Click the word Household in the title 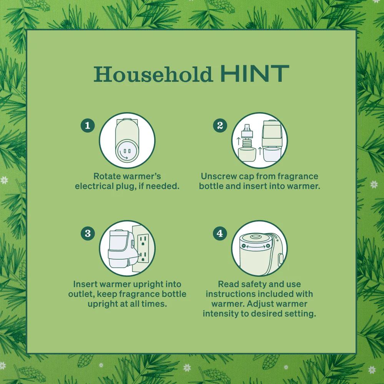[x=153, y=74]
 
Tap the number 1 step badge [x=88, y=126]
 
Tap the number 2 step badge [x=220, y=126]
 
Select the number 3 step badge [x=88, y=233]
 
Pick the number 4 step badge [x=220, y=233]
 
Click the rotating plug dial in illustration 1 [x=127, y=152]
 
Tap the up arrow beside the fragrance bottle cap [x=238, y=141]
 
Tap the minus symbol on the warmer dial [x=244, y=246]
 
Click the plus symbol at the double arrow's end [x=268, y=246]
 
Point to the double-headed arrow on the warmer [x=256, y=247]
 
